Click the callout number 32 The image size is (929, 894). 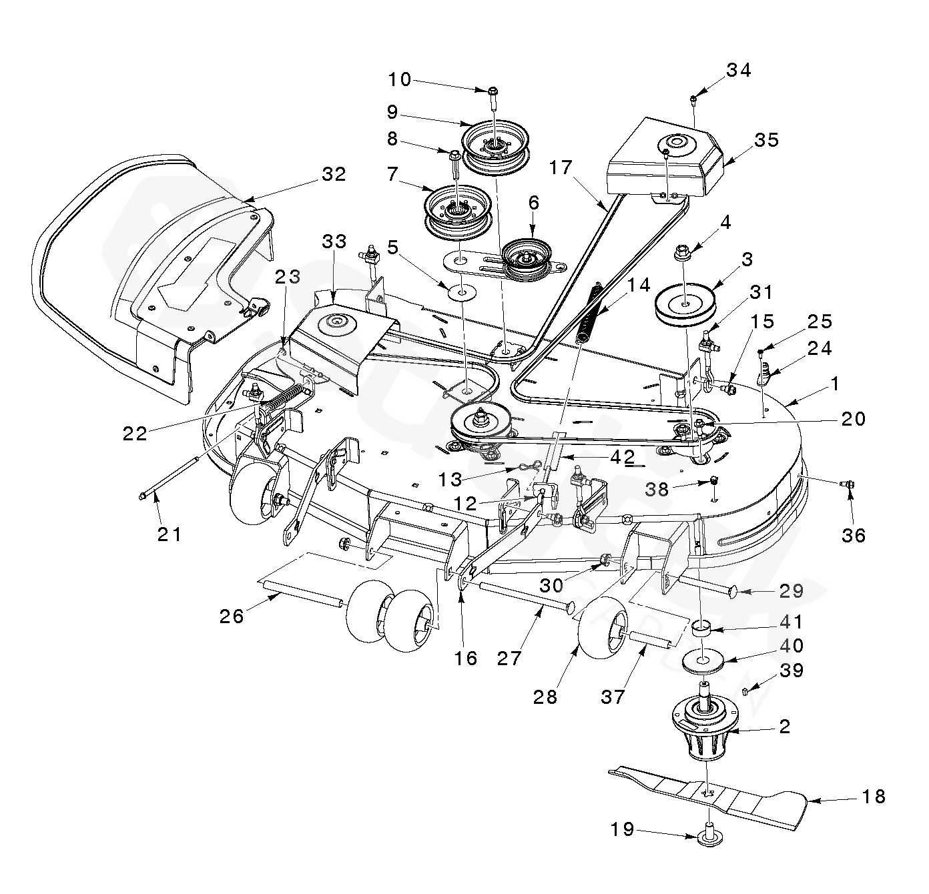point(333,174)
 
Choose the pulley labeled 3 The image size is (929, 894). point(685,306)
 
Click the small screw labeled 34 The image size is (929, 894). point(693,100)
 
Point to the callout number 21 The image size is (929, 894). point(170,534)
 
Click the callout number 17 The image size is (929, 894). point(561,167)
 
